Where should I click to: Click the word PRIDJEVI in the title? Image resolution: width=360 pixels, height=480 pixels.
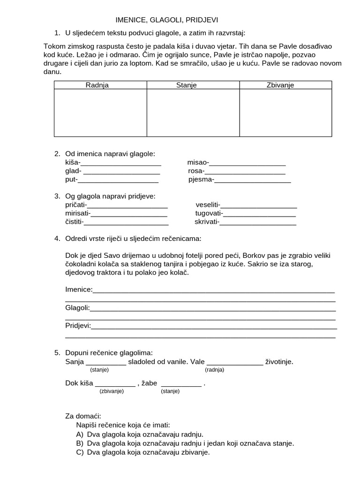[x=202, y=20]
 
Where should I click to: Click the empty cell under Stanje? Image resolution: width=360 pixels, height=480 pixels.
[x=193, y=112]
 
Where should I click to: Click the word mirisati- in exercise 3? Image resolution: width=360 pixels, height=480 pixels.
[x=77, y=213]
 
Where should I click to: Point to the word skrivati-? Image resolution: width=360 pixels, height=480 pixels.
[x=207, y=222]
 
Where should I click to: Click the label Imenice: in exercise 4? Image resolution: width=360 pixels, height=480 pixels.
[x=79, y=289]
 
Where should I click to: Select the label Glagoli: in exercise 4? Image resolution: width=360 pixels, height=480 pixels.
[x=77, y=307]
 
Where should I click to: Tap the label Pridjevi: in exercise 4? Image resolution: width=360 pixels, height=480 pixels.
[x=78, y=325]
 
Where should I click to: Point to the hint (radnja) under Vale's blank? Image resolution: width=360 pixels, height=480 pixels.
[x=214, y=370]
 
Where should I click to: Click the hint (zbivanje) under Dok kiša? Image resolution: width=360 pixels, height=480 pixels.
[x=112, y=391]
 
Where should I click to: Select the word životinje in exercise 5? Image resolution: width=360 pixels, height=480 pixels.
[x=279, y=361]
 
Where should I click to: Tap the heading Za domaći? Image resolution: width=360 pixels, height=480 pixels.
[x=83, y=416]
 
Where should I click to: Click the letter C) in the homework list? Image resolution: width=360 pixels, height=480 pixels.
[x=79, y=452]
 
